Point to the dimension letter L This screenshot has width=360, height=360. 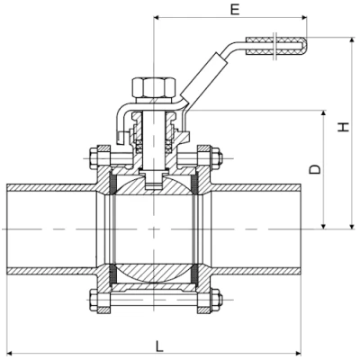pyautogui.click(x=158, y=344)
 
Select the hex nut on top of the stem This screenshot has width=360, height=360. pyautogui.click(x=149, y=89)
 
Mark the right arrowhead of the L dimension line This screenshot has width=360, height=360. pyautogui.click(x=299, y=352)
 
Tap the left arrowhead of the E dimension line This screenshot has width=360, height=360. pyautogui.click(x=157, y=16)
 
